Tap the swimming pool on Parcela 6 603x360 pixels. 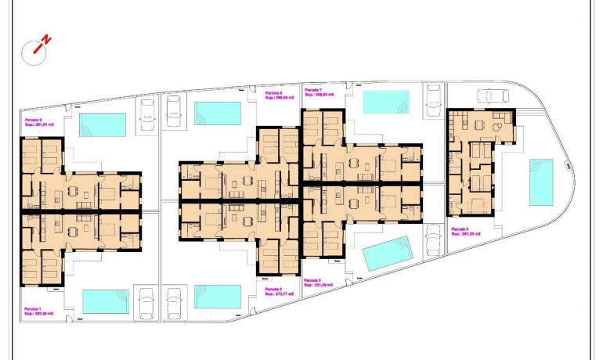[x=218, y=113]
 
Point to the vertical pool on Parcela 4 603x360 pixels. [x=540, y=182]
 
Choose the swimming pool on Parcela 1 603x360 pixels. [x=105, y=301]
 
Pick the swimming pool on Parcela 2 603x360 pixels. [x=218, y=297]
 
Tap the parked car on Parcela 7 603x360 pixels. [x=433, y=102]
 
